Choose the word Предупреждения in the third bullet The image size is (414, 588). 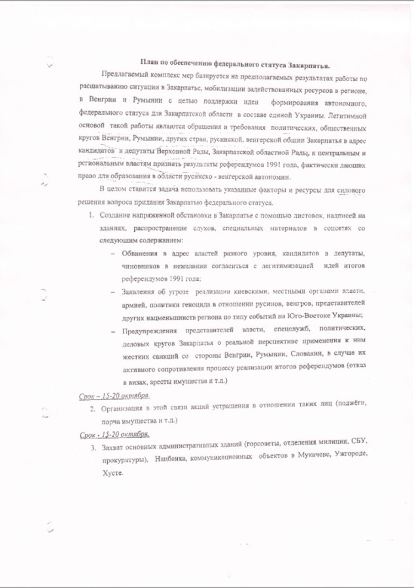pos(152,331)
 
